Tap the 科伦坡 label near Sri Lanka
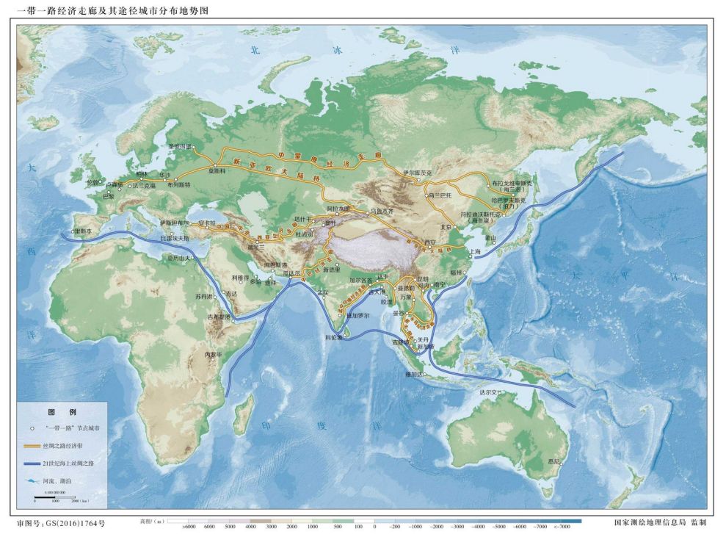pyautogui.click(x=333, y=338)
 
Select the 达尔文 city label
pyautogui.click(x=488, y=393)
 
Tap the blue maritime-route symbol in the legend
pyautogui.click(x=32, y=464)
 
